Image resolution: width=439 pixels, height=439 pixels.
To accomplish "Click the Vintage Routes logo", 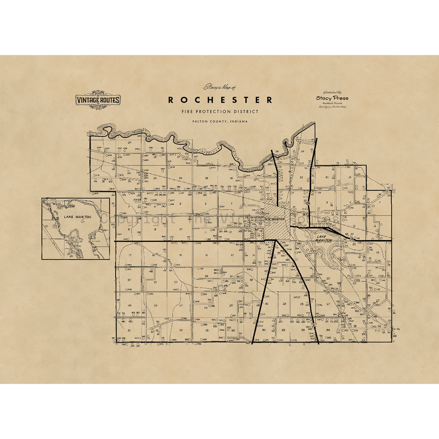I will coord(97,100).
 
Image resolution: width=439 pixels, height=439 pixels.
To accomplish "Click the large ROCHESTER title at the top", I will coord(220,100).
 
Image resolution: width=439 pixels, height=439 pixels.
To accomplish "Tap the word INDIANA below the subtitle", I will coord(239,121).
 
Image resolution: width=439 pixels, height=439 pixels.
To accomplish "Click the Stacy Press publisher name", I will coord(332,98).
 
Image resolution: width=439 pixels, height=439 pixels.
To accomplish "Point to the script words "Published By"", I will coord(332,92).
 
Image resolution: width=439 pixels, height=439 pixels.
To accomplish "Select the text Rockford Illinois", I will coord(332,103).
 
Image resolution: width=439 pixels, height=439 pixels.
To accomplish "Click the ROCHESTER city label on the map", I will coord(275,219).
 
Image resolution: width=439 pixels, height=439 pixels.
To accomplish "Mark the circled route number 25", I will coord(308,203).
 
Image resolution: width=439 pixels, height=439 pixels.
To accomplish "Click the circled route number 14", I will coord(352,239).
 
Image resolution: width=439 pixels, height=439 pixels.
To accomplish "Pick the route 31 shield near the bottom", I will coord(313,324).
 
